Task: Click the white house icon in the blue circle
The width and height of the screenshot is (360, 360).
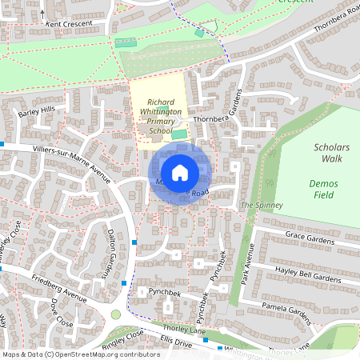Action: (180, 172)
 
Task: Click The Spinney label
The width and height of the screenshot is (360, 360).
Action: (257, 206)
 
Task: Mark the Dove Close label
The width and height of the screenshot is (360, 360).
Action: (61, 314)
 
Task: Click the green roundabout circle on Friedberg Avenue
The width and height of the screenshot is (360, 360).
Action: (117, 314)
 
